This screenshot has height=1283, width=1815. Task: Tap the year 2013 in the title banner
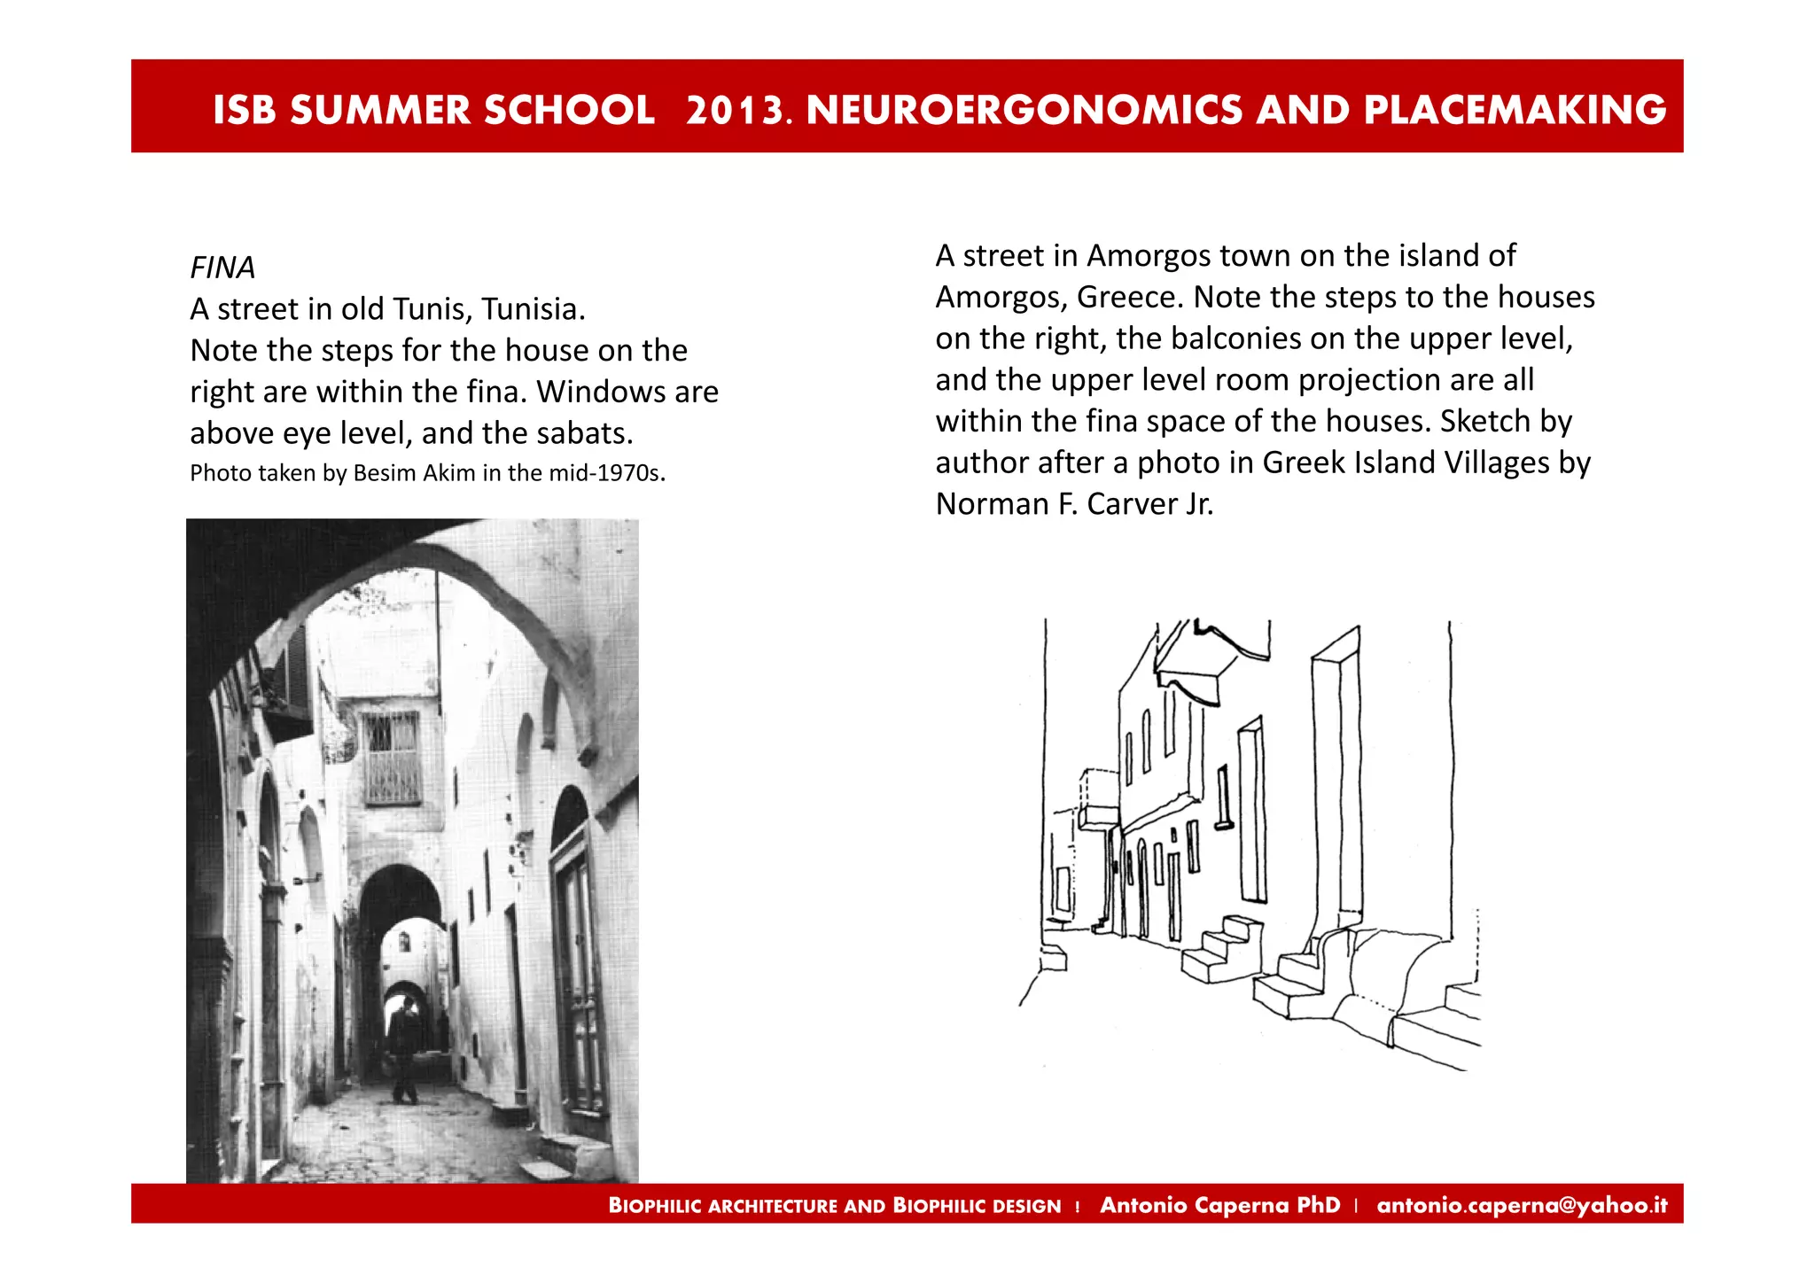tap(734, 110)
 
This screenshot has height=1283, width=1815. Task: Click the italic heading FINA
tap(222, 268)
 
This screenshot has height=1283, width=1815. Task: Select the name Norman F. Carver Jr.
tap(1074, 504)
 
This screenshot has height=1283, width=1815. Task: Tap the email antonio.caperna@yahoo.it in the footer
tap(1522, 1205)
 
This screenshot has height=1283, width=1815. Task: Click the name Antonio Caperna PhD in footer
tap(1219, 1205)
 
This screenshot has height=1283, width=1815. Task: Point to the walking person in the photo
tap(405, 1050)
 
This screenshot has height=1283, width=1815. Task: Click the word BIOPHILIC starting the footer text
tap(655, 1206)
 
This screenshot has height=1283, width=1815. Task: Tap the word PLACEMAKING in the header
tap(1515, 110)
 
